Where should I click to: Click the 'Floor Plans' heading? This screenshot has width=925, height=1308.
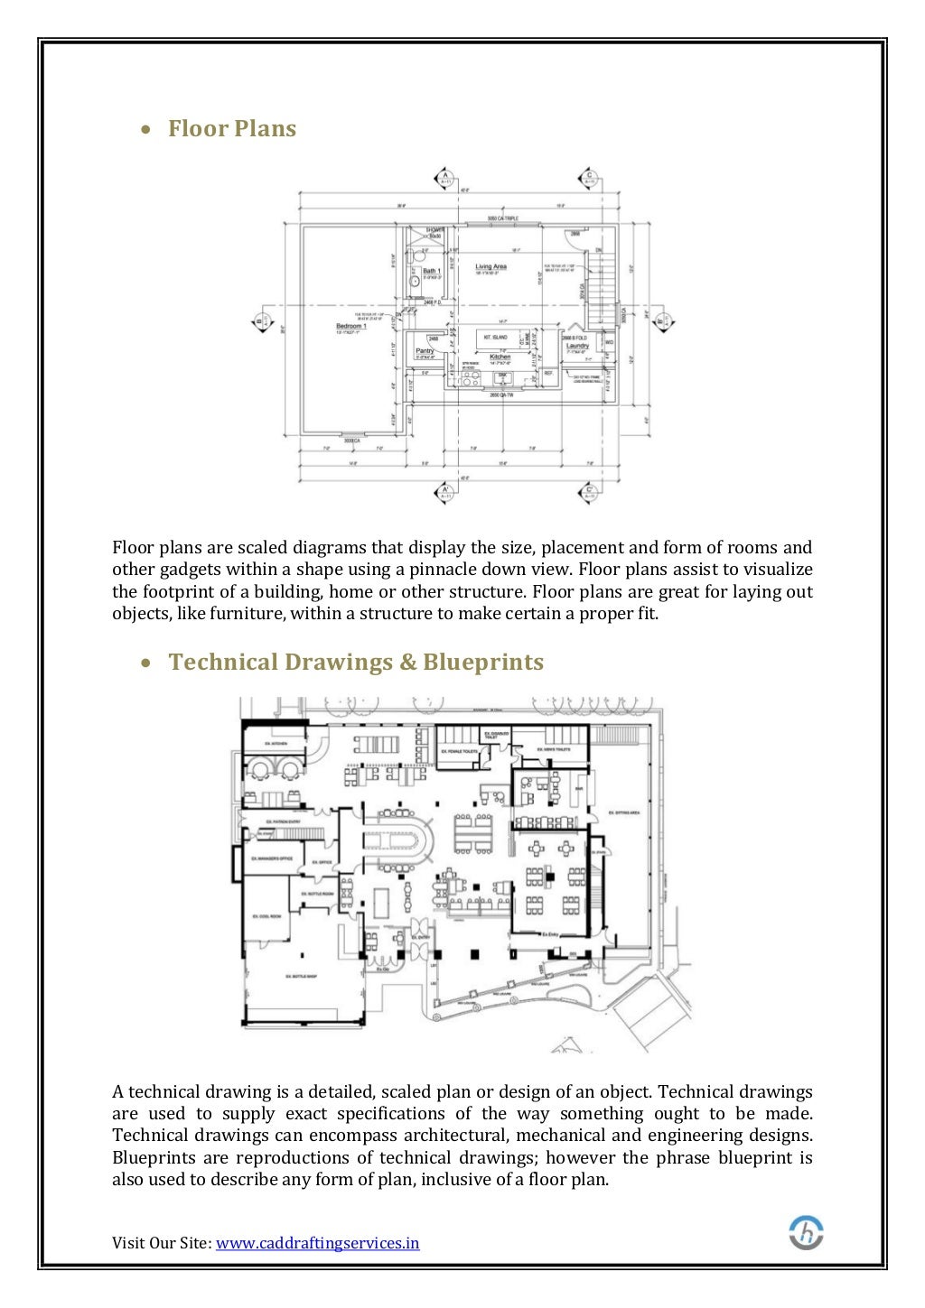pyautogui.click(x=232, y=129)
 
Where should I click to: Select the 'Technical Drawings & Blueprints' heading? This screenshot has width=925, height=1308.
pyautogui.click(x=356, y=663)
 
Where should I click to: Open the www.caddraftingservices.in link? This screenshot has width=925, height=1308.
pyautogui.click(x=318, y=1243)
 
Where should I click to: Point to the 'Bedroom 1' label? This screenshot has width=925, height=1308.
pyautogui.click(x=350, y=326)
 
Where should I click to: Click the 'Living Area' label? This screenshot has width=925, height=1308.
pyautogui.click(x=491, y=266)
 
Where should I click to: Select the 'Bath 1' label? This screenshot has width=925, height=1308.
pyautogui.click(x=432, y=271)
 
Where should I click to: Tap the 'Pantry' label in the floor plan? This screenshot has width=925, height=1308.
pyautogui.click(x=425, y=350)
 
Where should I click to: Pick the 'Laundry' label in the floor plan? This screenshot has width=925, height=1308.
pyautogui.click(x=577, y=346)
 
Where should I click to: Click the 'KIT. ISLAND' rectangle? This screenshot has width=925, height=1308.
pyautogui.click(x=495, y=338)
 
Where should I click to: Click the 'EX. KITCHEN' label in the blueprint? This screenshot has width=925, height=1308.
pyautogui.click(x=275, y=744)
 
